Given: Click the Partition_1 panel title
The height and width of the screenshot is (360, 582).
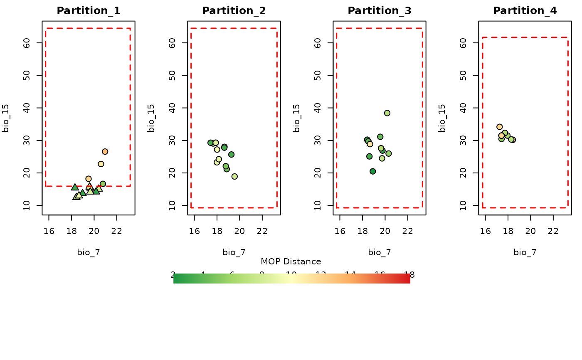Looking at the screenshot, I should coord(89,11).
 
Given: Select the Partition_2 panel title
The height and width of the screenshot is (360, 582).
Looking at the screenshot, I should coord(234,11).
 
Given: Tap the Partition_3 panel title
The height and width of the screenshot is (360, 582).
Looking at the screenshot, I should coord(380,11).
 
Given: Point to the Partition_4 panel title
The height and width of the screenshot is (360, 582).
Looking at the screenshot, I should coord(525,11).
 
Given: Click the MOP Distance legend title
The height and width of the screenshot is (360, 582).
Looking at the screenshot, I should coord(291,261).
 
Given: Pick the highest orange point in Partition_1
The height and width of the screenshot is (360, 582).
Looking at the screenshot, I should coord(105,152).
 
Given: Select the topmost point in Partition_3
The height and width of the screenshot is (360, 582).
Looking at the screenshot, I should coord(387,113).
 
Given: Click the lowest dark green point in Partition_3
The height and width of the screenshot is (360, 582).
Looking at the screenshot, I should coord(373,171).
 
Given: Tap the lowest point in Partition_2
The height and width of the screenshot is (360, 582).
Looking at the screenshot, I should coord(234,176).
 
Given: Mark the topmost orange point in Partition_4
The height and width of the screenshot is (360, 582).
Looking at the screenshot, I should coord(499,127).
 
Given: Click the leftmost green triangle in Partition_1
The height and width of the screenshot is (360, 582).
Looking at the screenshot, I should coord(75,187).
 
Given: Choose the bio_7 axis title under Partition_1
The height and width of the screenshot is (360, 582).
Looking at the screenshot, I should coord(89,252).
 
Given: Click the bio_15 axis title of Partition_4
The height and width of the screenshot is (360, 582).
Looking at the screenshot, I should coord(442,118).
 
